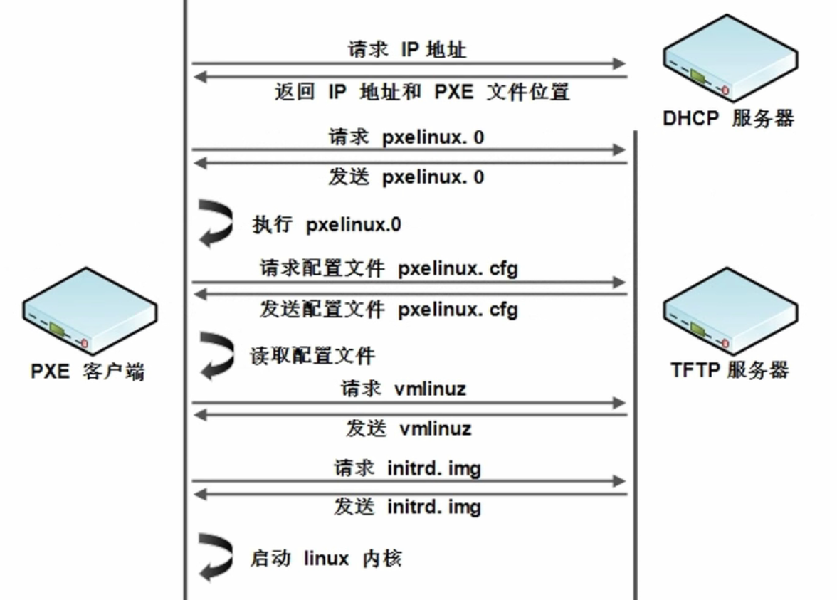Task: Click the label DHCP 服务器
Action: tap(728, 117)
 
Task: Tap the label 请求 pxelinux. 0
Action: tap(406, 136)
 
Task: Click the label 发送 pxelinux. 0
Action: tap(406, 177)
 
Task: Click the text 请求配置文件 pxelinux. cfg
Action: tap(389, 269)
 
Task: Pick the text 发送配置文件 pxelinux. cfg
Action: tap(389, 310)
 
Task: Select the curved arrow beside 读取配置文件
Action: tap(216, 354)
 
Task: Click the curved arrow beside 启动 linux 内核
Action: tap(216, 557)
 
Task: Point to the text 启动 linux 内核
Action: tap(326, 557)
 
